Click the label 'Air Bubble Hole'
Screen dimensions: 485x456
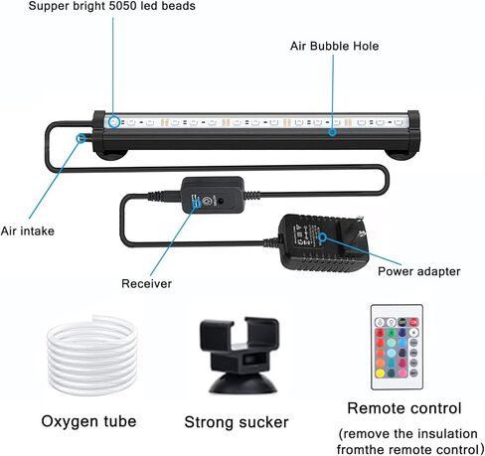pyautogui.click(x=334, y=46)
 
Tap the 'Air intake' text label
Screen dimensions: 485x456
pyautogui.click(x=28, y=230)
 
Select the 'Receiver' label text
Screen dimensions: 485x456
pyautogui.click(x=146, y=283)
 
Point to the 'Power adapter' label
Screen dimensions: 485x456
pyautogui.click(x=419, y=271)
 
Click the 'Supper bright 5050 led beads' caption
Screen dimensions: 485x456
pyautogui.click(x=111, y=6)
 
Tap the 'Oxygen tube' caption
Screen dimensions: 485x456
pyautogui.click(x=88, y=421)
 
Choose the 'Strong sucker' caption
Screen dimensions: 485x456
pyautogui.click(x=237, y=422)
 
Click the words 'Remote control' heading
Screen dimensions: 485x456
pyautogui.click(x=404, y=408)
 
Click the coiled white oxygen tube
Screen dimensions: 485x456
pyautogui.click(x=92, y=355)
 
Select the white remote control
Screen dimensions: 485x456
pyautogui.click(x=397, y=347)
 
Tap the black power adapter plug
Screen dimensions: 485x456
pyautogui.click(x=322, y=243)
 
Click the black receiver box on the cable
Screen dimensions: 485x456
pyautogui.click(x=213, y=195)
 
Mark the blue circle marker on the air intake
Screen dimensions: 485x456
pyautogui.click(x=81, y=138)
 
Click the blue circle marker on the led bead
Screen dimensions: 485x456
pyautogui.click(x=114, y=122)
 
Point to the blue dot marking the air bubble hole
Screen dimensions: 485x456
pyautogui.click(x=332, y=132)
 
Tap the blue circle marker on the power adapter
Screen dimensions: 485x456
pyautogui.click(x=323, y=236)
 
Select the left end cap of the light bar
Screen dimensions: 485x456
pyautogui.click(x=99, y=131)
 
